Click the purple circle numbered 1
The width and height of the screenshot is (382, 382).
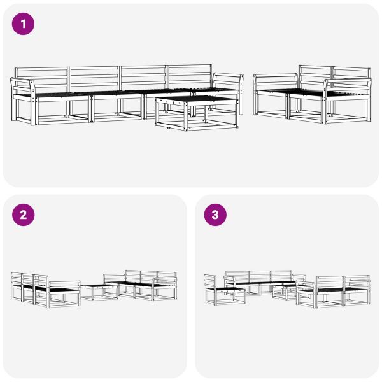coord(24,24)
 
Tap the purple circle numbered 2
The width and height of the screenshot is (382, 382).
coord(24,215)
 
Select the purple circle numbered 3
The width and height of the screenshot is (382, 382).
coord(215,215)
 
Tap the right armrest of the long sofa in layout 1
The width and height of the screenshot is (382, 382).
coord(228,81)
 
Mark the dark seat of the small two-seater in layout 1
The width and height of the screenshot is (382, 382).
coord(299,94)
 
